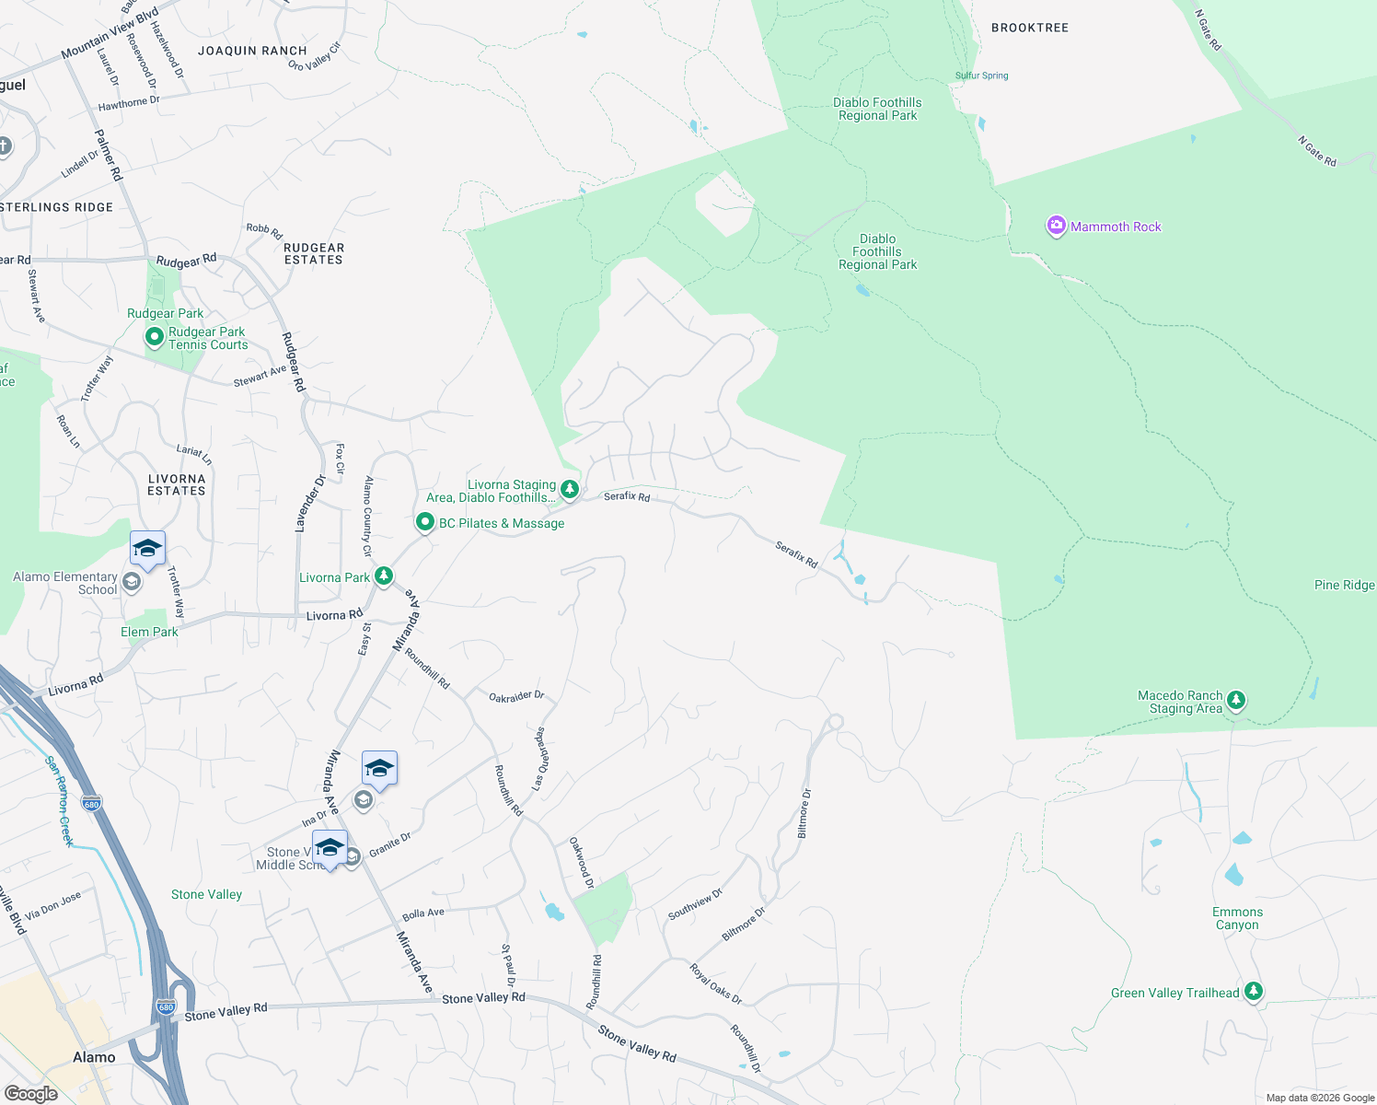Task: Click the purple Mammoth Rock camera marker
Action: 1056,226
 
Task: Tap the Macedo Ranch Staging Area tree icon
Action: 1236,701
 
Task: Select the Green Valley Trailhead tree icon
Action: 1253,992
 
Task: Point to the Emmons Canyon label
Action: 1237,918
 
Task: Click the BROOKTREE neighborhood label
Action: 1029,28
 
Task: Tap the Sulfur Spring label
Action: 981,76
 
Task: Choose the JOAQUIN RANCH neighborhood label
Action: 252,51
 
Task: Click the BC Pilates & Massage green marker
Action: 425,522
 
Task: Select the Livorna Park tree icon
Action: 384,576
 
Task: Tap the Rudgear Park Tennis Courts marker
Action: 155,338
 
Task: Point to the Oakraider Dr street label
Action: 516,697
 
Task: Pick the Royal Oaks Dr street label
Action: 715,984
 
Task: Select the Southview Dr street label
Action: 695,904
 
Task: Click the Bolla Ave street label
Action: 423,913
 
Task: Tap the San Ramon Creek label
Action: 60,800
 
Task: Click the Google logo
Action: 30,1094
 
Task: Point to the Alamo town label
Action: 94,1057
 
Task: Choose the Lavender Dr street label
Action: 310,504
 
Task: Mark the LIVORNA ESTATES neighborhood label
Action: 177,484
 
